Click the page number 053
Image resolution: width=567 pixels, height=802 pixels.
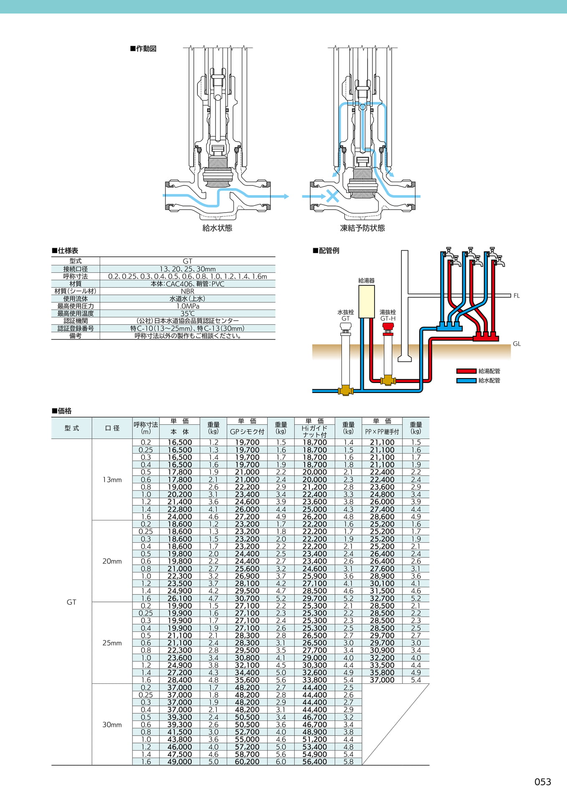point(542,782)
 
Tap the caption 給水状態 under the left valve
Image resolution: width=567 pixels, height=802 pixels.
point(217,228)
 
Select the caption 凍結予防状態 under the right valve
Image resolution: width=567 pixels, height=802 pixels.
point(362,228)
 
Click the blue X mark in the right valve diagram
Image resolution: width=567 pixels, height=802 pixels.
point(332,196)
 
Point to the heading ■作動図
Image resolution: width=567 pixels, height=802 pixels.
point(143,48)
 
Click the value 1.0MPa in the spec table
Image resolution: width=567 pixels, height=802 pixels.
point(187,306)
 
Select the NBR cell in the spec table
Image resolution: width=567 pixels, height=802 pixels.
point(187,291)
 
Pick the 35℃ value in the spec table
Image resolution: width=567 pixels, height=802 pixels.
point(187,314)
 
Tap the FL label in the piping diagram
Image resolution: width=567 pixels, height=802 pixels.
point(516,296)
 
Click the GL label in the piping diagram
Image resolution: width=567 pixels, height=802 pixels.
point(517,344)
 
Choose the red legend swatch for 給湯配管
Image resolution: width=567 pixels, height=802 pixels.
point(466,371)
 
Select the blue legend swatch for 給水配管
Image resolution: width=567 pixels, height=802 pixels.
point(466,381)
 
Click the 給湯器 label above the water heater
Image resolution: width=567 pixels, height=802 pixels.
point(366,281)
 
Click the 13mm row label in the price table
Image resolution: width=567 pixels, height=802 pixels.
point(112,480)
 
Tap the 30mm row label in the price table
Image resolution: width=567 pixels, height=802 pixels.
point(112,725)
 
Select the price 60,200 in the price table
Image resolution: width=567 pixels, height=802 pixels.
point(247,762)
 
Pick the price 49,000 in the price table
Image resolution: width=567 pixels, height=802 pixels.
point(180,762)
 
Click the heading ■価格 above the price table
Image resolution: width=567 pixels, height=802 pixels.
point(62,411)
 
